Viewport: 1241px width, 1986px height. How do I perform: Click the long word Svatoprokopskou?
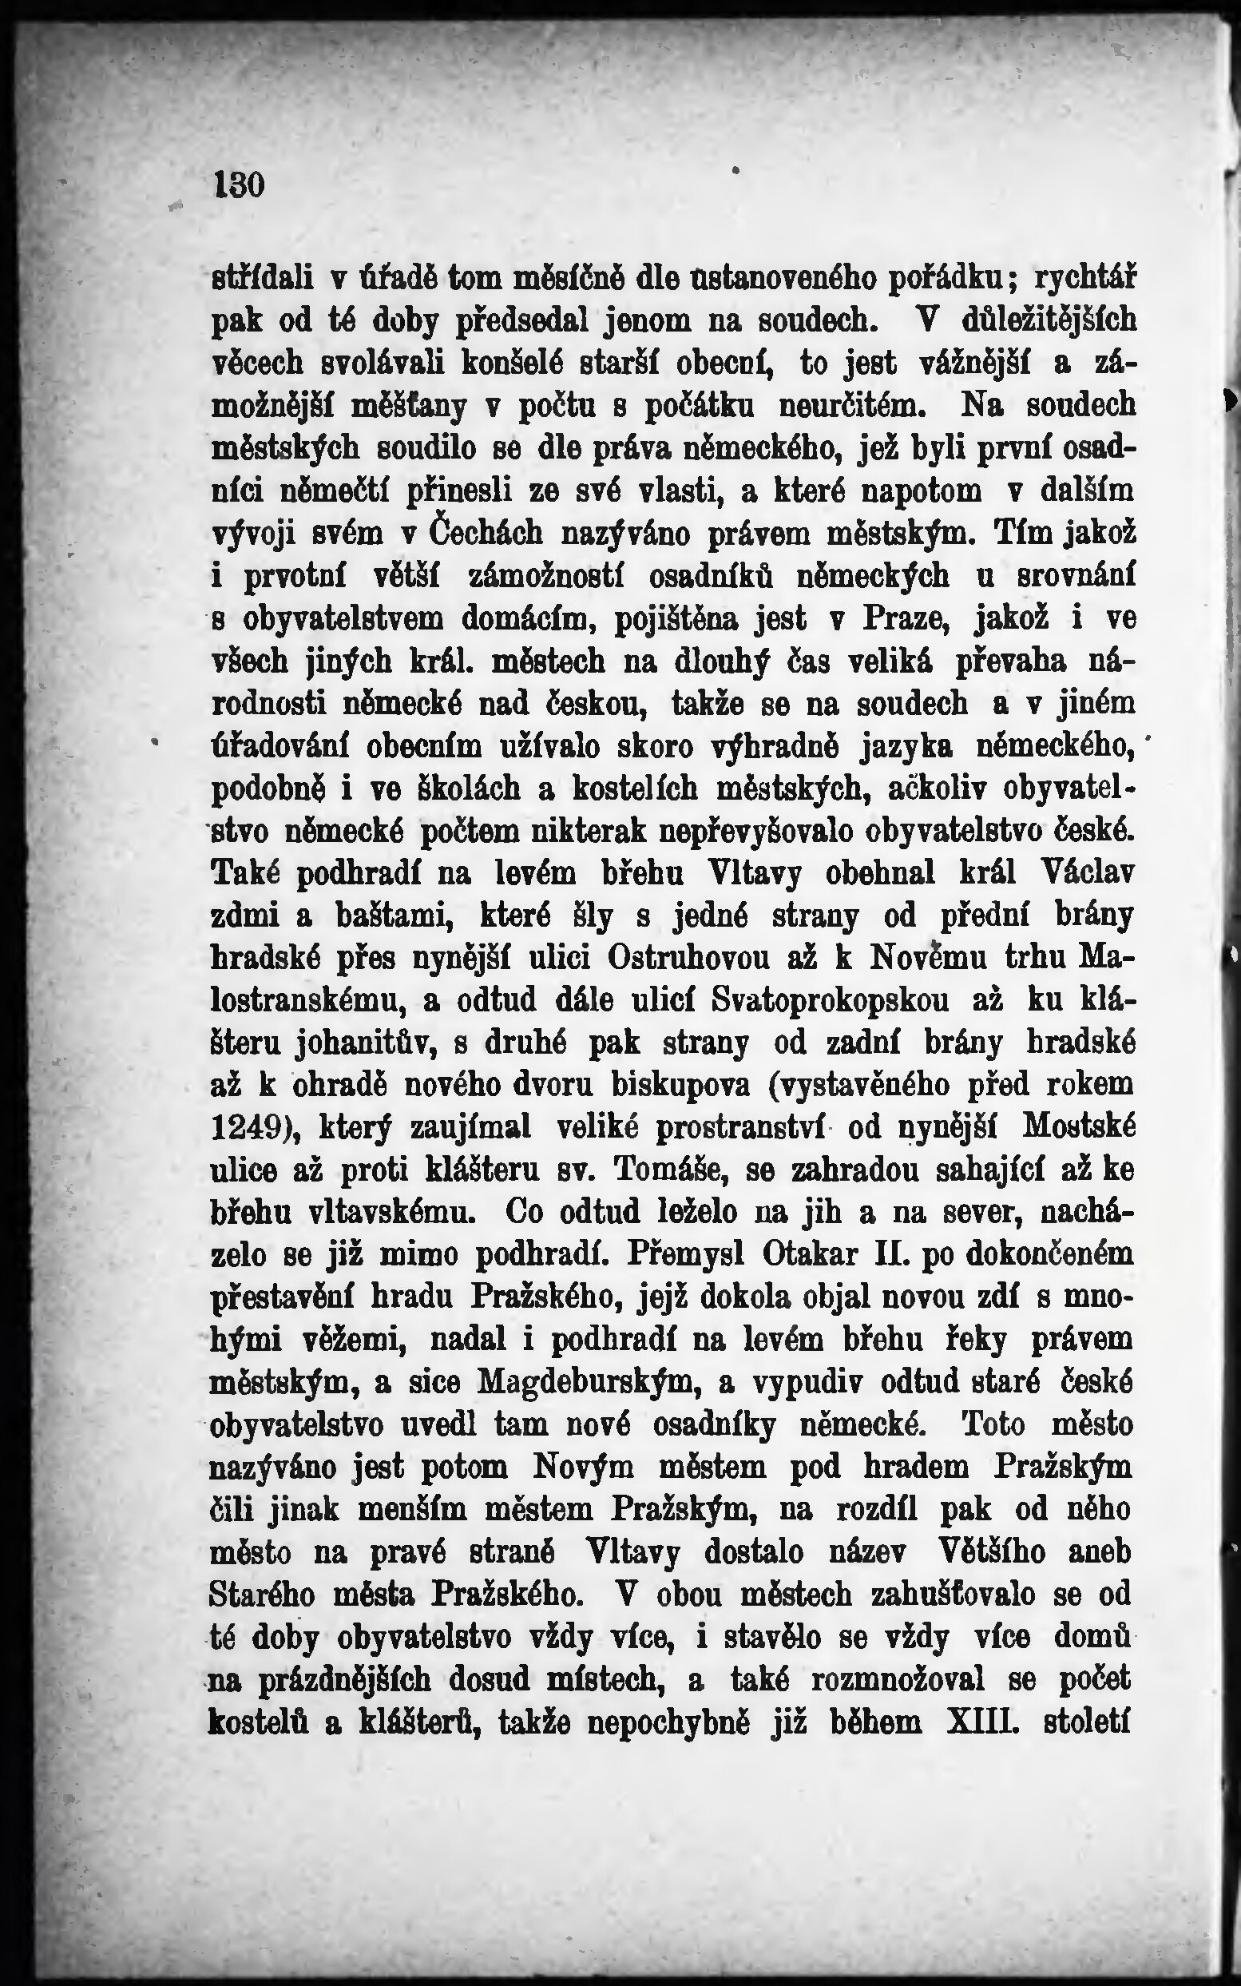(x=831, y=1001)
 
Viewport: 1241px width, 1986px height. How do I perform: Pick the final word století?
(x=1087, y=1722)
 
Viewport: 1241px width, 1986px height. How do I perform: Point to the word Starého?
(x=262, y=1595)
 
